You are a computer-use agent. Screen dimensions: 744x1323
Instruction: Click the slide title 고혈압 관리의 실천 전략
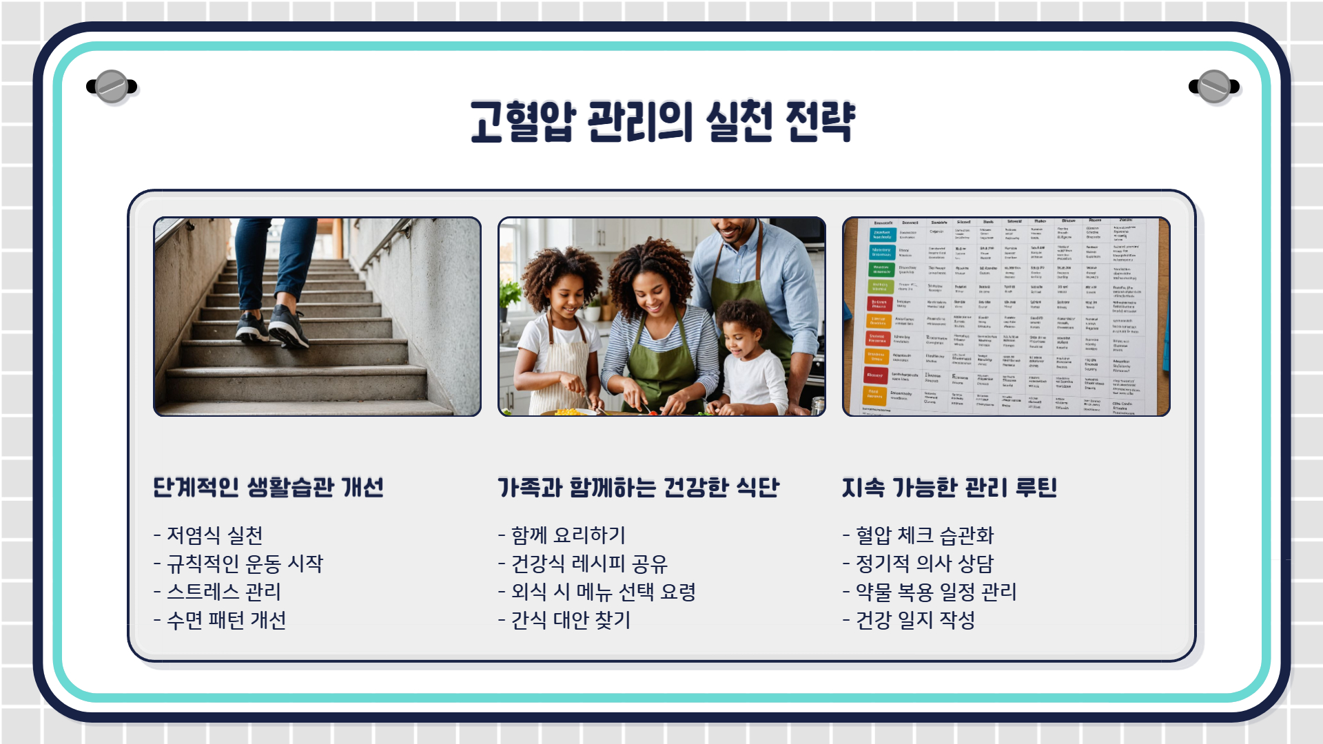[x=662, y=122]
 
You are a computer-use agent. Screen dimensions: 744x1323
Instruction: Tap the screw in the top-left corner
[x=112, y=87]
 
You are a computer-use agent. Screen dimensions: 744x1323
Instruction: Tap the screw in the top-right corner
[x=1214, y=87]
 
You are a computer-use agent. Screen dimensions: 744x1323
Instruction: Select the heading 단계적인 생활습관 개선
[x=268, y=488]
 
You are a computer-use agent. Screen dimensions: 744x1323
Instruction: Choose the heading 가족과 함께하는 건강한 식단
[x=638, y=488]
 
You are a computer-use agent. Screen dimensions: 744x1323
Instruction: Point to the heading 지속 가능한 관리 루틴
[x=949, y=488]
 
